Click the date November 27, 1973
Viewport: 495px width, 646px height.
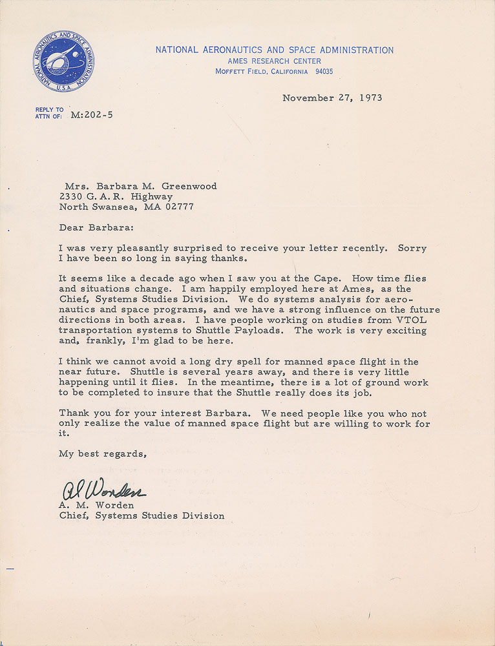(332, 98)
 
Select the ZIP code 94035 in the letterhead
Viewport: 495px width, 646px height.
(321, 72)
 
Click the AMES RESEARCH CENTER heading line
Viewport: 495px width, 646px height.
(274, 61)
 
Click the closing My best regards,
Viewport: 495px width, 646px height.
(103, 453)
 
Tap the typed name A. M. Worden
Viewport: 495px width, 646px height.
(95, 505)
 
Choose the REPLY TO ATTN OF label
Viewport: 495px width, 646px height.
(50, 113)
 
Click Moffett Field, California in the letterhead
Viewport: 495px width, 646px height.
(262, 72)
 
